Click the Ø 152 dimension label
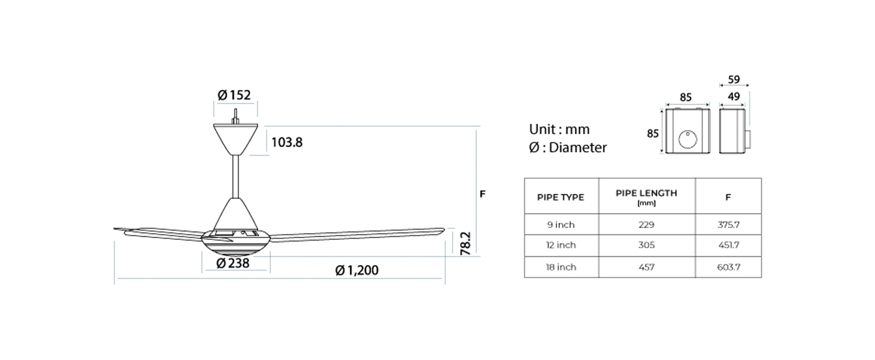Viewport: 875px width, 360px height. pos(234,95)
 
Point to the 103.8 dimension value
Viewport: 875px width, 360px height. pos(287,143)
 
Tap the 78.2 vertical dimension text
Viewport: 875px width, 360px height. pos(466,243)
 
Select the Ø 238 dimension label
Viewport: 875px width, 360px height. pos(233,263)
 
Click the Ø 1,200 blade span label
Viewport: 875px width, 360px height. pos(357,270)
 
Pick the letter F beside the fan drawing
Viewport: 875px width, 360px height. pos(482,194)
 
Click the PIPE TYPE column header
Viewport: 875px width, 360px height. pos(561,198)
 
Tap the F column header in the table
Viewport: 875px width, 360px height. pos(728,198)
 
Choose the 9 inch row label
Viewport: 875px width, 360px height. pos(561,225)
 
